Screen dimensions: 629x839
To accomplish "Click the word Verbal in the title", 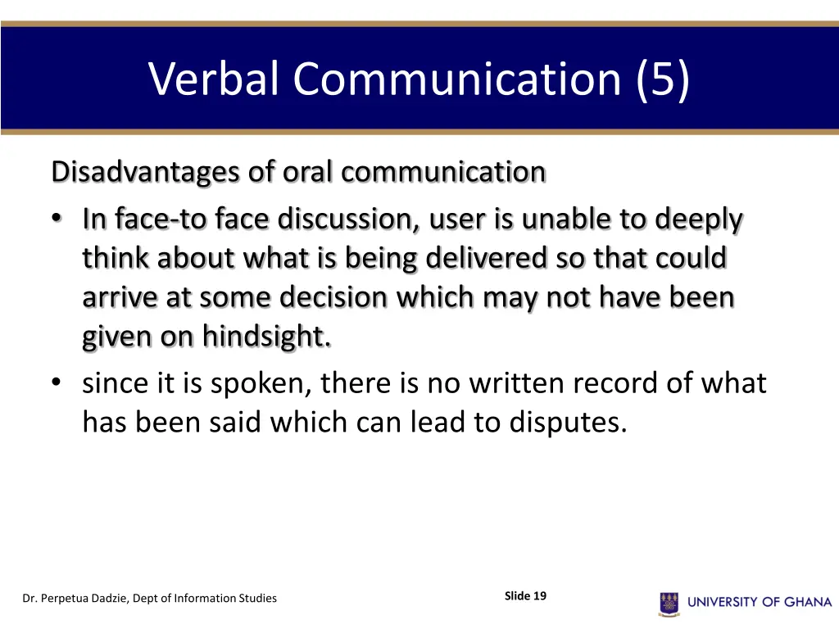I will coord(214,79).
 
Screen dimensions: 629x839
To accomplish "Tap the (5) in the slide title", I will coord(662,79).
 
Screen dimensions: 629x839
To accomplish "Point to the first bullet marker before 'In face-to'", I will coord(55,220).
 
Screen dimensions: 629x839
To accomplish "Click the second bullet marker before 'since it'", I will coord(55,383).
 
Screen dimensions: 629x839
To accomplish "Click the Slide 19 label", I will coord(525,596).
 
